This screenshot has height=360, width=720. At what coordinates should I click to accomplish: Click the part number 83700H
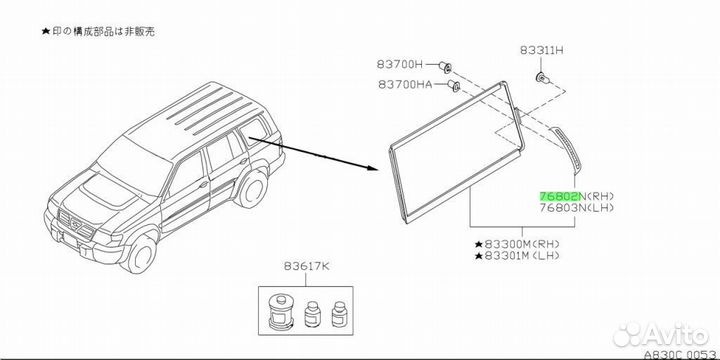399,64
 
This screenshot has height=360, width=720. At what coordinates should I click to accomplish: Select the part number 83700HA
405,84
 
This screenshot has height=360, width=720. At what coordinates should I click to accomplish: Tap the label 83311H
541,51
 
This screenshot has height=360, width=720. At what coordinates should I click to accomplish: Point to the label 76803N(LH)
576,208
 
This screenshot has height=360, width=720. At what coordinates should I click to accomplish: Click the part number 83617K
306,266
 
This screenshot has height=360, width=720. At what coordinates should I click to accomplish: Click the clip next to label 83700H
445,68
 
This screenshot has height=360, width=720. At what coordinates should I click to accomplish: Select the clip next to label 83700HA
454,86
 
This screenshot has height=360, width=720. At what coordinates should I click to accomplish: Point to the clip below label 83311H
542,78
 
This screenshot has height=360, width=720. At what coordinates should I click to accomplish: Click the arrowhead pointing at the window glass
372,168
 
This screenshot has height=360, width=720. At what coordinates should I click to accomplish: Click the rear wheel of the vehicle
251,189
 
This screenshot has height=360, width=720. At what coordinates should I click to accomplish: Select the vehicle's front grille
77,225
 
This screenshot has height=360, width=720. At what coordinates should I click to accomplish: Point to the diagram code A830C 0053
681,354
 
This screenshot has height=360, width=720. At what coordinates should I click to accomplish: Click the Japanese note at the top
98,31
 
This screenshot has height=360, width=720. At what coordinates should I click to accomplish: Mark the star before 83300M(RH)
478,244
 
